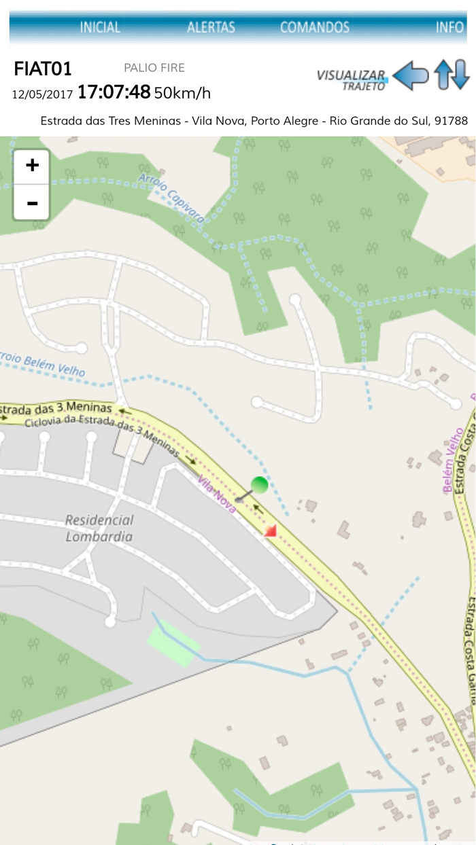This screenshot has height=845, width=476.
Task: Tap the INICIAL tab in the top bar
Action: click(x=100, y=27)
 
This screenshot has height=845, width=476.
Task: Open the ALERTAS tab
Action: click(x=211, y=27)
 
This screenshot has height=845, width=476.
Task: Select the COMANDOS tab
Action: click(x=315, y=27)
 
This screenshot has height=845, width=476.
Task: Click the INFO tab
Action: click(x=449, y=27)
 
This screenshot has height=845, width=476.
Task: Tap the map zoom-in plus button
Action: click(x=32, y=166)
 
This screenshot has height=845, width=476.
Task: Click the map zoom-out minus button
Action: click(x=32, y=202)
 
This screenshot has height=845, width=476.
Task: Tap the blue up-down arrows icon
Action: click(x=452, y=75)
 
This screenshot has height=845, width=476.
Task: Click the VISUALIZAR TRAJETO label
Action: click(x=352, y=79)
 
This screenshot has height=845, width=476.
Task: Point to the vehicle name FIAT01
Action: click(x=43, y=69)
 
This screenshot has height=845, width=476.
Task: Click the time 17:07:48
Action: click(x=114, y=92)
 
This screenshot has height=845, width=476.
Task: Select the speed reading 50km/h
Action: click(x=182, y=93)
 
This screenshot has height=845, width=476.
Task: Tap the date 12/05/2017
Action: click(x=42, y=94)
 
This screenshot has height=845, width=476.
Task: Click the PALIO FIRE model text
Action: click(x=154, y=68)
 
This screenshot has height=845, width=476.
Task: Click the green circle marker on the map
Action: click(x=260, y=484)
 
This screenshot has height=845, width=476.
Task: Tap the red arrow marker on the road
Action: click(x=271, y=531)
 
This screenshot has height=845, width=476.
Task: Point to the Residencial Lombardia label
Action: click(x=99, y=528)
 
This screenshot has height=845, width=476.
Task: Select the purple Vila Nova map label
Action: click(x=217, y=495)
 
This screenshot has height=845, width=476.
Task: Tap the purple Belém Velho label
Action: click(x=451, y=460)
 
